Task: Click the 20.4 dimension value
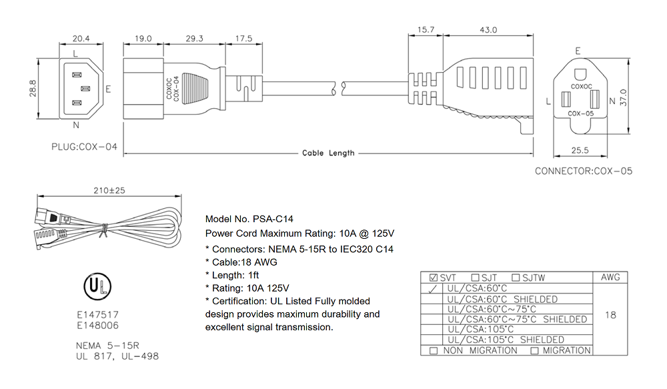tap(81, 39)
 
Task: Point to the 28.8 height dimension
tap(32, 89)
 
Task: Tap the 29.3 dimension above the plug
tap(194, 39)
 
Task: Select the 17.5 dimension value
tap(243, 39)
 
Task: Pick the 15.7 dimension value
tap(426, 30)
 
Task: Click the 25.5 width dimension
tap(580, 151)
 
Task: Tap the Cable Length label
tap(328, 153)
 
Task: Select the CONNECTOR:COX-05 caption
tap(583, 171)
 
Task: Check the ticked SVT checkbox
tap(434, 278)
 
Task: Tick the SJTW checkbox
tap(516, 278)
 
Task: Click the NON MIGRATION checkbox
tap(434, 351)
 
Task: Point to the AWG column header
tap(610, 278)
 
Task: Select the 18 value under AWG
tap(610, 315)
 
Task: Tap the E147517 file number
tap(98, 315)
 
